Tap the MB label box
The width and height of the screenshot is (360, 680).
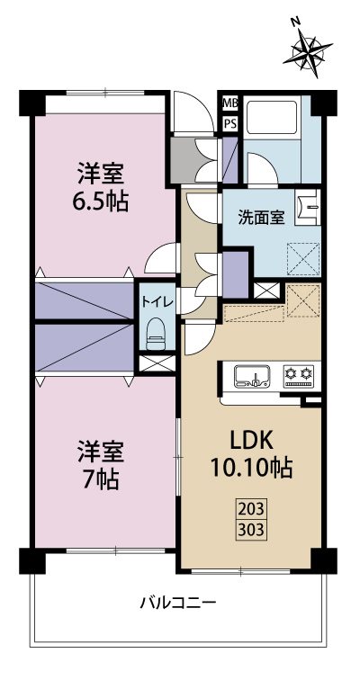point(230,103)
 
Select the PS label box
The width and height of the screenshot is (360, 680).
point(230,123)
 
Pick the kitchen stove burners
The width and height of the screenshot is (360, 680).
point(298,374)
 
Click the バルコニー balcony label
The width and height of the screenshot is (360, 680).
point(178,602)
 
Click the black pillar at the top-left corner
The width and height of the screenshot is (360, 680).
point(31,102)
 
